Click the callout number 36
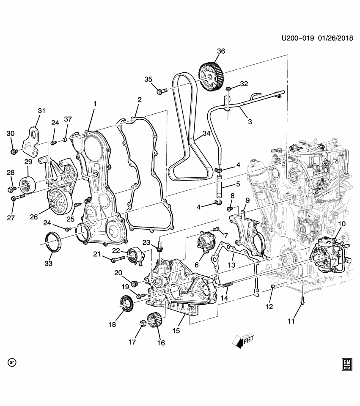click(x=221, y=52)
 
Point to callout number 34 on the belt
click(x=206, y=134)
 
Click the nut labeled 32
click(x=228, y=89)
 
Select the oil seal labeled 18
click(x=126, y=303)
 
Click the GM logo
click(x=346, y=364)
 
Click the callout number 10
click(x=342, y=224)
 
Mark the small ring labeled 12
click(x=273, y=288)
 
